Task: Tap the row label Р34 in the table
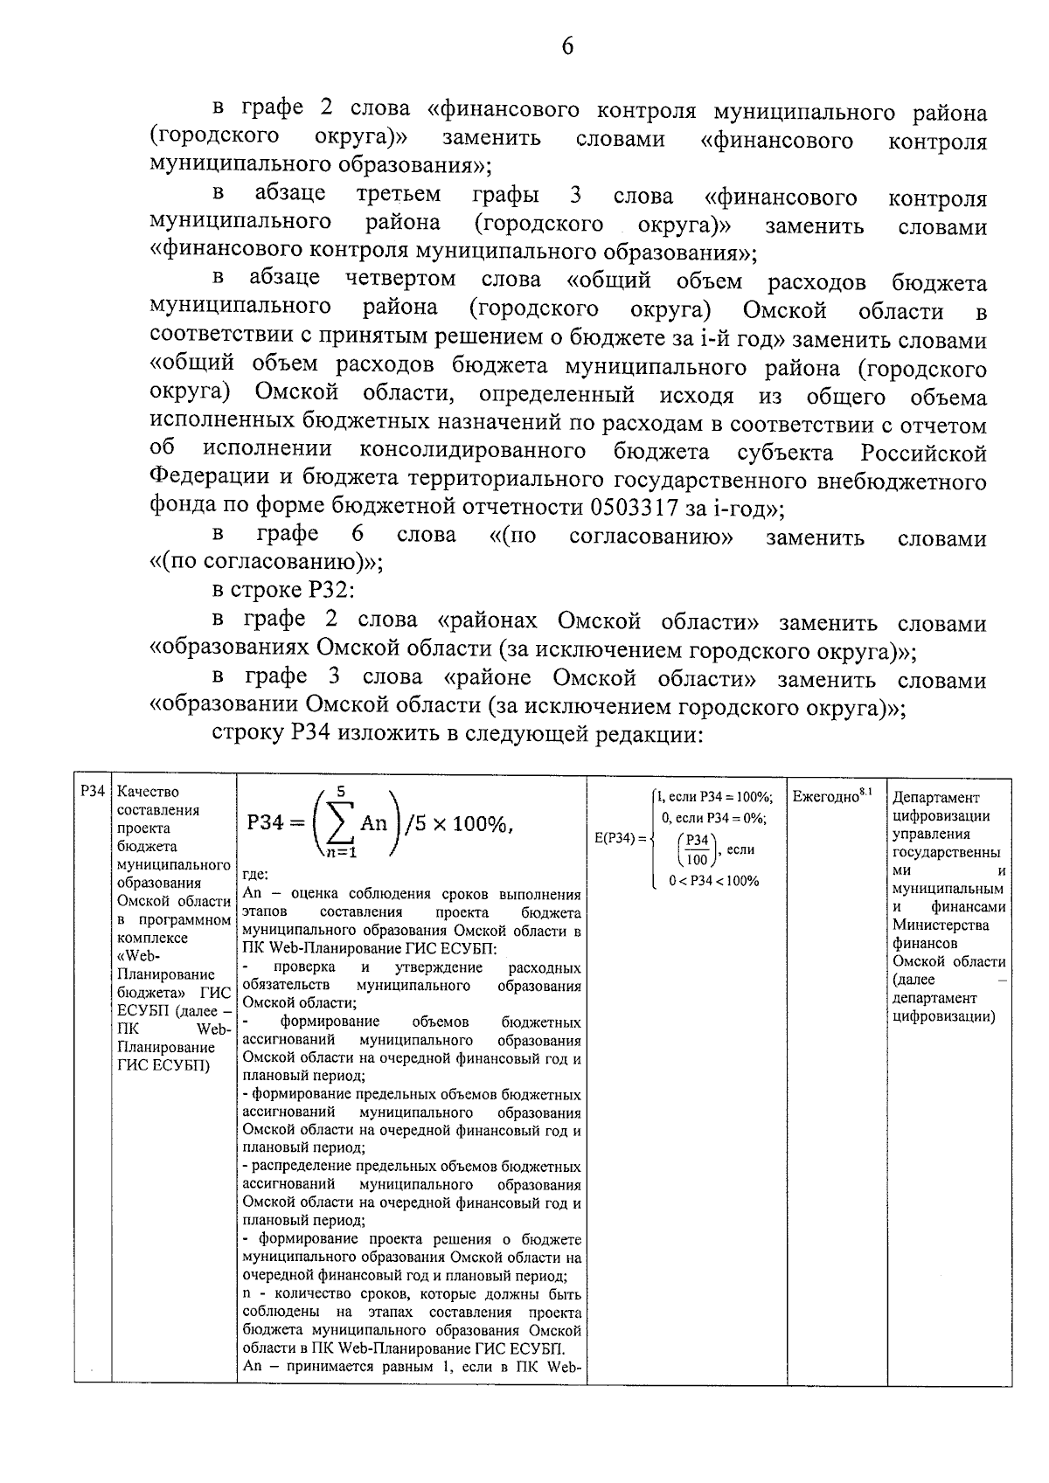coord(91,792)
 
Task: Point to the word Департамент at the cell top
coord(936,797)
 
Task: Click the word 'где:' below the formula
coord(256,875)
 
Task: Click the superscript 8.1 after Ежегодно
coord(865,792)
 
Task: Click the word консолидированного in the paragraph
coord(472,452)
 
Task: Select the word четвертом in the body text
coord(400,280)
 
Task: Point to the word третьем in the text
coord(399,194)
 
